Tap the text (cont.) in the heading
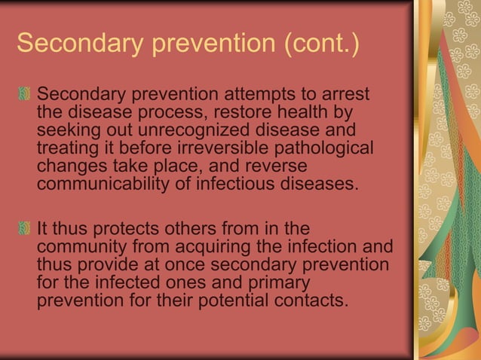(322, 44)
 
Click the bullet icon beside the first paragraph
(26, 96)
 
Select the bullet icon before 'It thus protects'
(26, 229)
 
